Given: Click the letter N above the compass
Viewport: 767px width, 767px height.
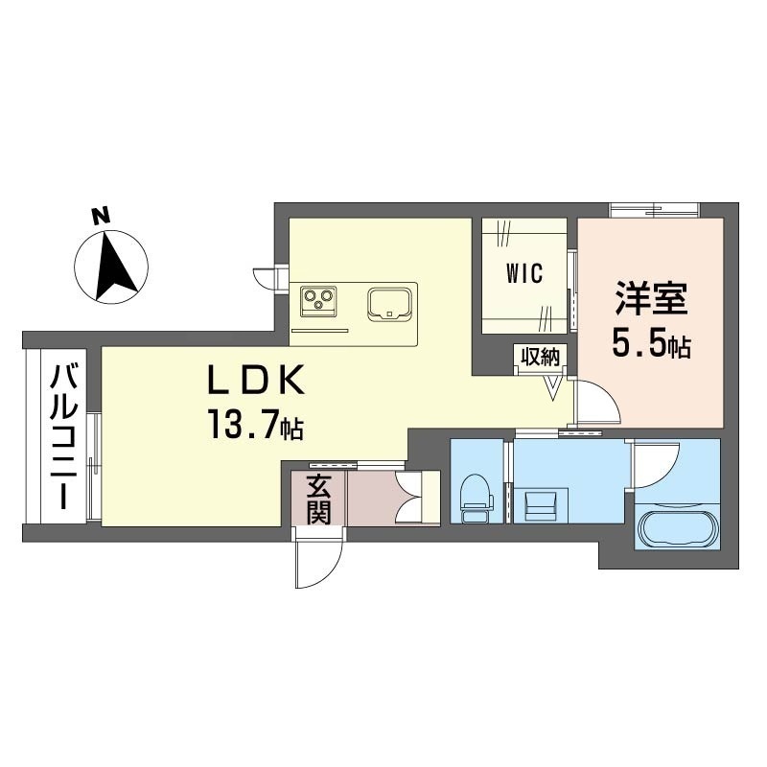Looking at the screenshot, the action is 102,217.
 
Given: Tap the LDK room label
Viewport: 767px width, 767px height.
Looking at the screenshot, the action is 256,380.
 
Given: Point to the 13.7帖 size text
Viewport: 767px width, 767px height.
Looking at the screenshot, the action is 256,425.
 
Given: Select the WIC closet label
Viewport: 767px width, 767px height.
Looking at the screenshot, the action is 524,273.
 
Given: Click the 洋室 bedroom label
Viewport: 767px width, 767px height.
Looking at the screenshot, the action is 651,299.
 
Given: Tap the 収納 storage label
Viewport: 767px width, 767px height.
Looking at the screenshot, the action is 540,356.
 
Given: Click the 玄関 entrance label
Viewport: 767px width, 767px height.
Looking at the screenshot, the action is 318,499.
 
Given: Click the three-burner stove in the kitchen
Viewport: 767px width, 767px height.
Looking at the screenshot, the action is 319,300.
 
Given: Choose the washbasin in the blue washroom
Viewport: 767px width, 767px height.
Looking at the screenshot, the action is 541,505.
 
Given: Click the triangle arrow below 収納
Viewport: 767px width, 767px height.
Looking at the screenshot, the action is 553,388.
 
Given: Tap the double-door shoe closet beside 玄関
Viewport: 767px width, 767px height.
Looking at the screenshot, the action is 416,498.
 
